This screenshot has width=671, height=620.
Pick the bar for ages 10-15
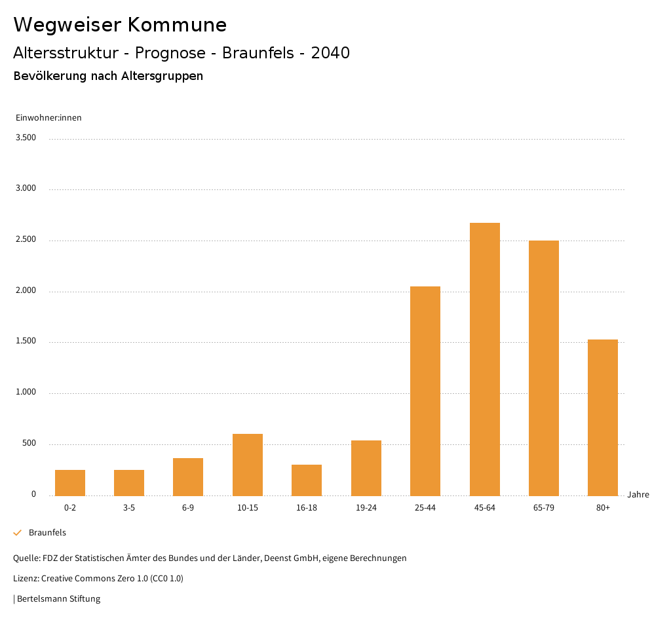248,465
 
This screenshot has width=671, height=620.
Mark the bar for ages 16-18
307,480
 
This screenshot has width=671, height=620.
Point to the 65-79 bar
544,368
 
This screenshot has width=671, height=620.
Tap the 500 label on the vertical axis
28,444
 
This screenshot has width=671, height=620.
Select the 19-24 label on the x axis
366,508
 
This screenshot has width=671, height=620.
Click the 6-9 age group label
188,508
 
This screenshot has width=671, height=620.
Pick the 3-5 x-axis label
129,508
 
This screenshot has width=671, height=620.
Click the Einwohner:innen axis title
48,118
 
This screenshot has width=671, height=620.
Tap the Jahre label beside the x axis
638,495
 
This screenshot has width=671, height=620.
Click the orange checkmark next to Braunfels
18,533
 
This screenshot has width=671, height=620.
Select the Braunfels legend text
47,533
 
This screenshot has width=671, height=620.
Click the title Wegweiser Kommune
120,25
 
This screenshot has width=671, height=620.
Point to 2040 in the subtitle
330,53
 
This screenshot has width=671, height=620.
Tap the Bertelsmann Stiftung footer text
58,598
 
